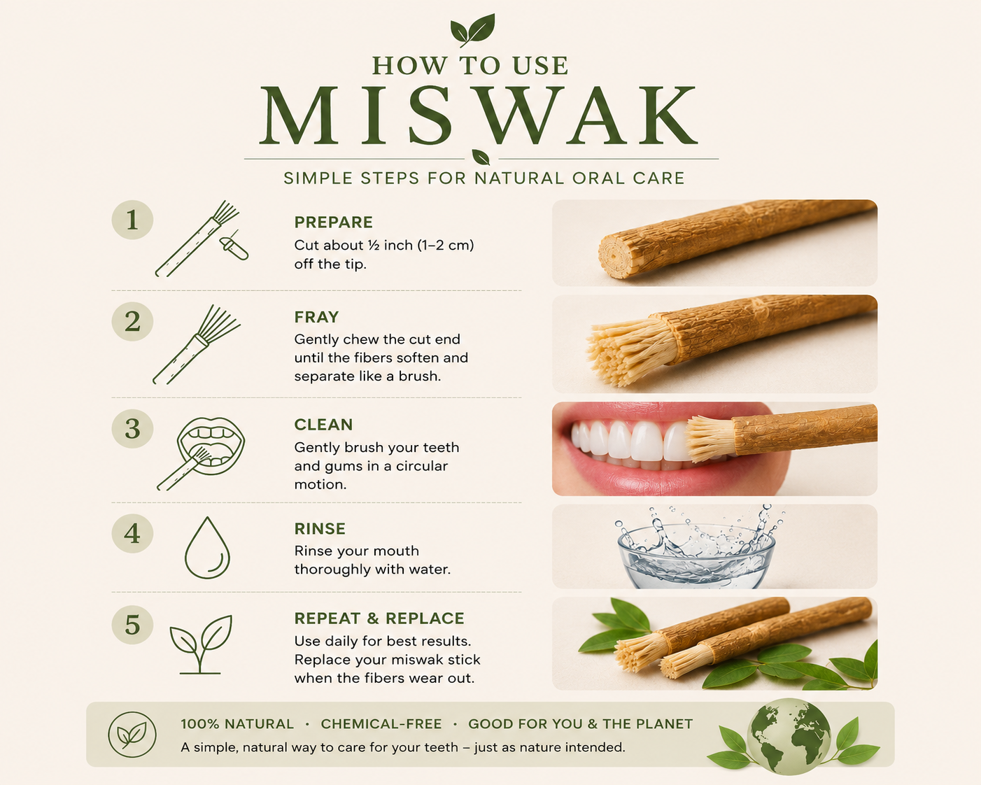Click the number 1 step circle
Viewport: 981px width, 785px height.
click(x=132, y=220)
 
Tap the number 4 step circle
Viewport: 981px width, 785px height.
click(x=132, y=533)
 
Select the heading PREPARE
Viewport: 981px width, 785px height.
click(x=334, y=222)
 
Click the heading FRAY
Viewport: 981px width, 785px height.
click(x=316, y=317)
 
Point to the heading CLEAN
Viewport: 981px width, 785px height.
click(x=324, y=425)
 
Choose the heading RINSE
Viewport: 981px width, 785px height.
click(x=320, y=528)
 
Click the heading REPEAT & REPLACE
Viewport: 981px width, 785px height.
click(x=379, y=618)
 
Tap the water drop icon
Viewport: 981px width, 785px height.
click(x=207, y=548)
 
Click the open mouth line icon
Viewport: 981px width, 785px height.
click(x=211, y=446)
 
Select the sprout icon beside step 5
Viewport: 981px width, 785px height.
click(x=201, y=644)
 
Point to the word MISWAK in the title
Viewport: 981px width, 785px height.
click(x=479, y=115)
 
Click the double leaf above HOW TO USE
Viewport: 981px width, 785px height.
click(x=473, y=29)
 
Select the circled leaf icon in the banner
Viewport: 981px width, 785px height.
click(x=132, y=735)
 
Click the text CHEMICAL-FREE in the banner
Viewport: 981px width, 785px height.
click(x=381, y=724)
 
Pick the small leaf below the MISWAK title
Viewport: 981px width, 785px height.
click(x=481, y=157)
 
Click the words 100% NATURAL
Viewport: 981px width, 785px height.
click(x=237, y=724)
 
